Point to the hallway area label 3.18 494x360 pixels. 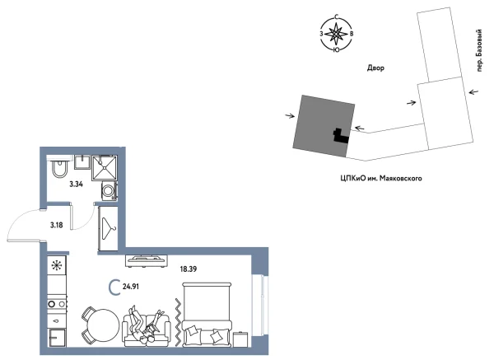pyautogui.click(x=57, y=224)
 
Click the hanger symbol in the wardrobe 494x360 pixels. pyautogui.click(x=109, y=224)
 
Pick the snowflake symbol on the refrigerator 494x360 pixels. pyautogui.click(x=57, y=265)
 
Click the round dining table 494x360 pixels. pyautogui.click(x=98, y=323)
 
